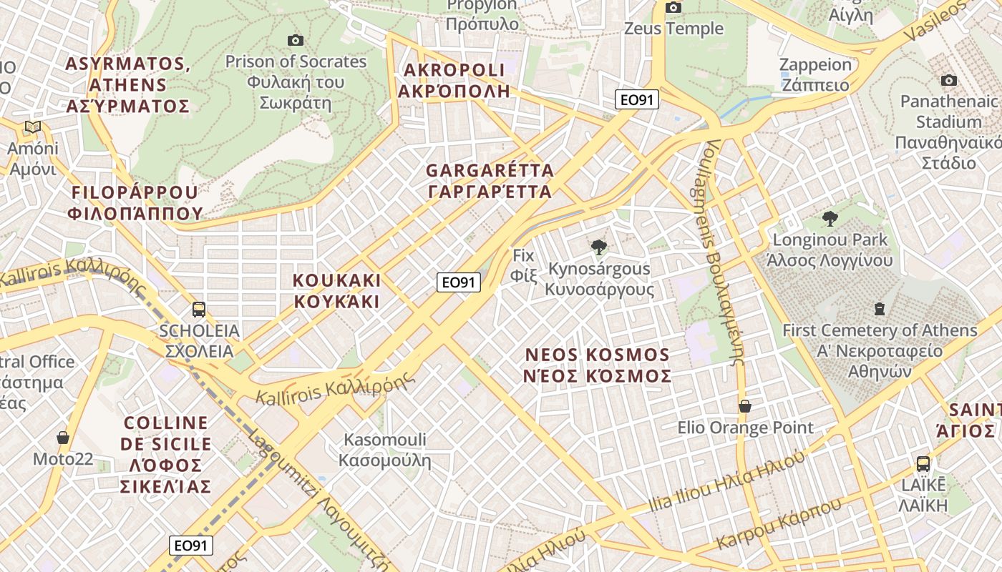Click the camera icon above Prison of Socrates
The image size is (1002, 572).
click(295, 41)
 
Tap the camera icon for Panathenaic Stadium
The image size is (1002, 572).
click(949, 80)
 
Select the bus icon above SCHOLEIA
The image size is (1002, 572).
click(199, 310)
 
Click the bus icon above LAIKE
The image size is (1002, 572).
click(923, 463)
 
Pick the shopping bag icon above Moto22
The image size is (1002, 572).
click(63, 438)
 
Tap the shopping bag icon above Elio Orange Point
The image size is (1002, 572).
click(745, 406)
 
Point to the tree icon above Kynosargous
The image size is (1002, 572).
click(599, 247)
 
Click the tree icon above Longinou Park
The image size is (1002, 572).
click(830, 218)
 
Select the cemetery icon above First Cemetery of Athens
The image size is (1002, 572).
click(879, 309)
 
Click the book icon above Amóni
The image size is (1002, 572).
click(32, 127)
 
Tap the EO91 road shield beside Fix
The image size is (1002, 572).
click(458, 282)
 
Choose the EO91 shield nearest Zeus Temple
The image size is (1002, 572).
click(636, 100)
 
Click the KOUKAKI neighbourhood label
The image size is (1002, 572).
click(336, 290)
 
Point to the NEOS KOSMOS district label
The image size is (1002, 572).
click(598, 365)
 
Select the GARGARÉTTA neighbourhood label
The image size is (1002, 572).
click(490, 181)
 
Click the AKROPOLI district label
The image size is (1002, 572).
click(454, 80)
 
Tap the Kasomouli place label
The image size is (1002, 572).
click(385, 450)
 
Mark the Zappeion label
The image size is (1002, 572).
click(815, 74)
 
